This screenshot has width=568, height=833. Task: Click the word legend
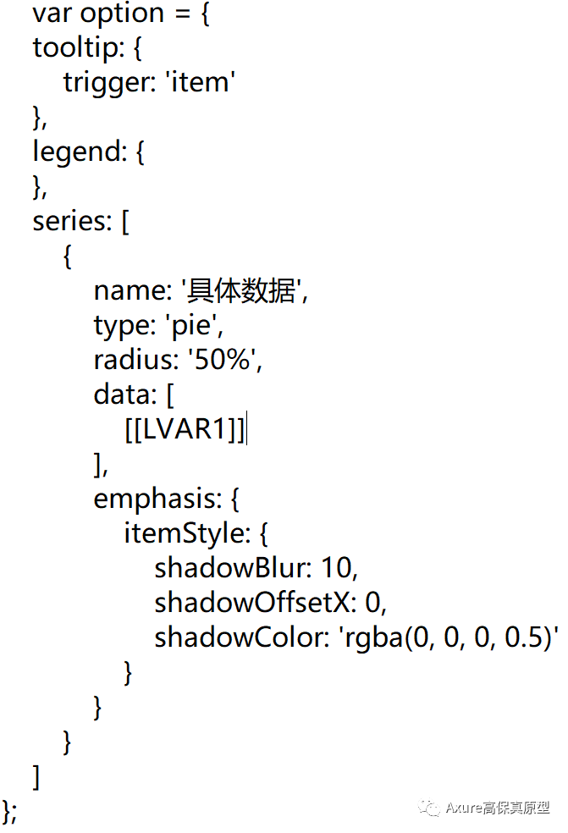[77, 152]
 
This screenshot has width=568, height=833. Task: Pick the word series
[70, 221]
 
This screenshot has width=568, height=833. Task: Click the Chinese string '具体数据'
[243, 290]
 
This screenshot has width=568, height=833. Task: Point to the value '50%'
[225, 360]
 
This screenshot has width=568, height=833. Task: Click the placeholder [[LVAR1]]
[185, 429]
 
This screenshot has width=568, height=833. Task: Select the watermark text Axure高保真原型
[498, 808]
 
